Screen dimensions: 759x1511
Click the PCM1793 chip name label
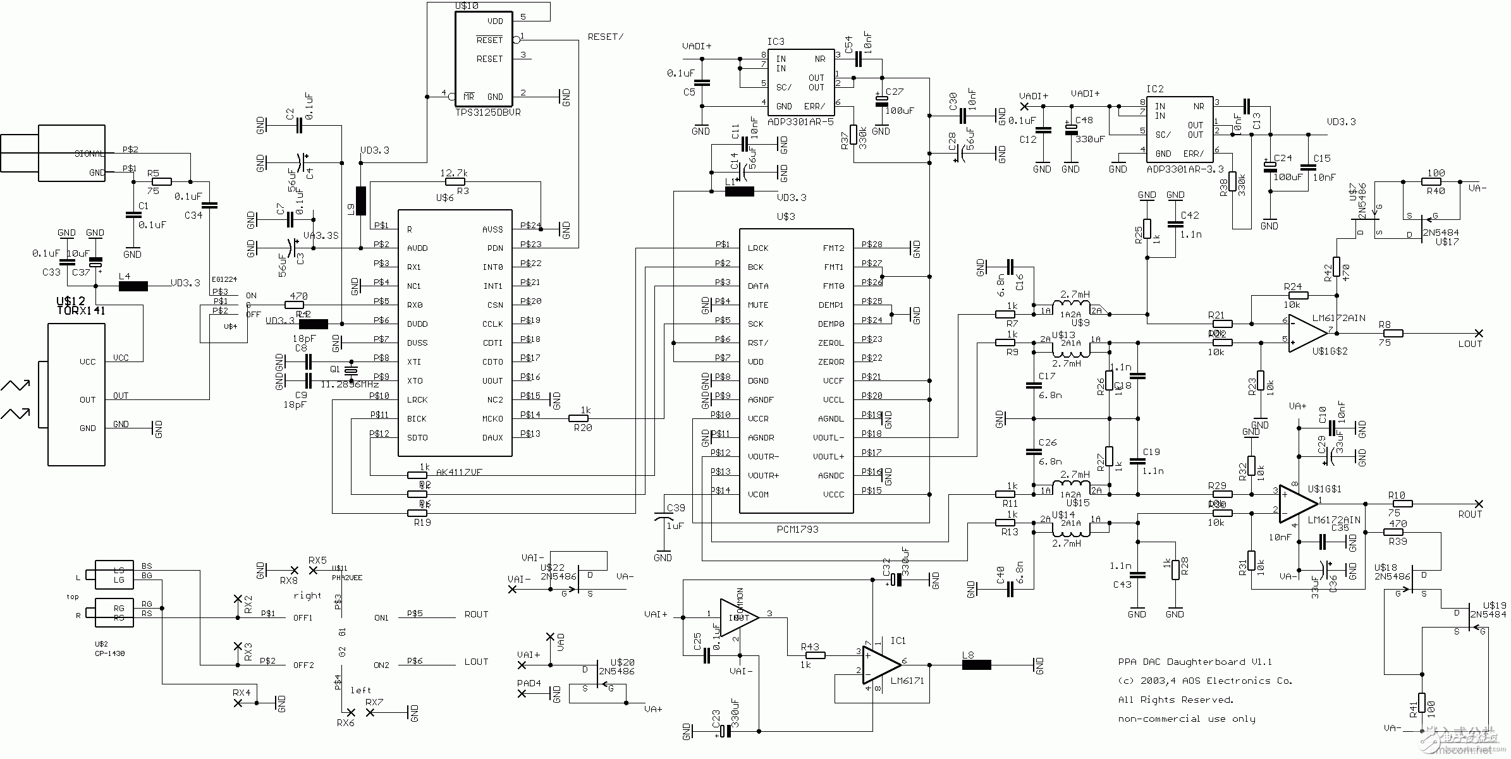pos(797,529)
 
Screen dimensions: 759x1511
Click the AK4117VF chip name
pos(460,472)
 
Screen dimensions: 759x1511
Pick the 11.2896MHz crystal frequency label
pos(349,384)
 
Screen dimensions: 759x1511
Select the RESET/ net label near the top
pos(605,37)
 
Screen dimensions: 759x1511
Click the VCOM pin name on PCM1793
pos(758,494)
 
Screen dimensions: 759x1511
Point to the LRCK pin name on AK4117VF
pos(417,399)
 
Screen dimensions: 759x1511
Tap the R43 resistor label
pos(809,647)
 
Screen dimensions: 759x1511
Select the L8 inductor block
pos(976,664)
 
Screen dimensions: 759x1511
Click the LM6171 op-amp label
pos(907,681)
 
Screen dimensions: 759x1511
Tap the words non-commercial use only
pos(1186,719)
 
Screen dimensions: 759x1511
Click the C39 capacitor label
pos(675,508)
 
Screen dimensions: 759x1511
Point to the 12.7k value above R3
pos(453,173)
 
